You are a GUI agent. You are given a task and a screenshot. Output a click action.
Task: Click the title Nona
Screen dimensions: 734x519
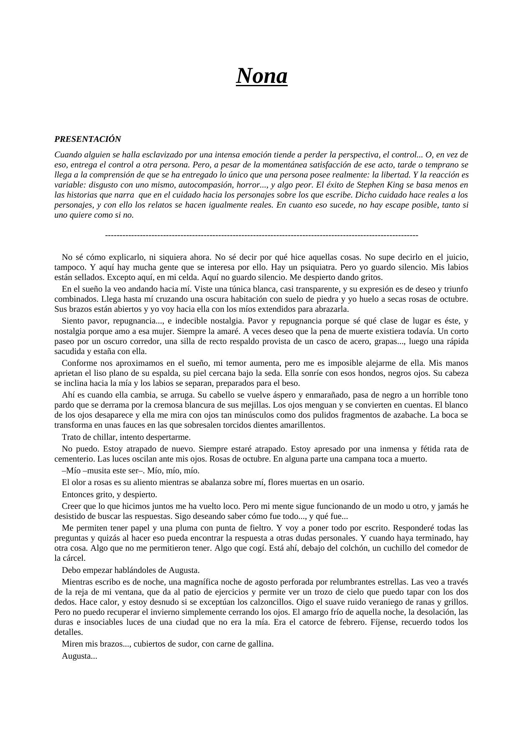[261, 76]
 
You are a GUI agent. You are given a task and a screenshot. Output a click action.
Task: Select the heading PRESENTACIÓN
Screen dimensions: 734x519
[87, 139]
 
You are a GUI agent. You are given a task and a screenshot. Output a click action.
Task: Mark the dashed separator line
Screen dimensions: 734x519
[261, 236]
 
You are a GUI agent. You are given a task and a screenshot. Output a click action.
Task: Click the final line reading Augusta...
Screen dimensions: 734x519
[79, 656]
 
